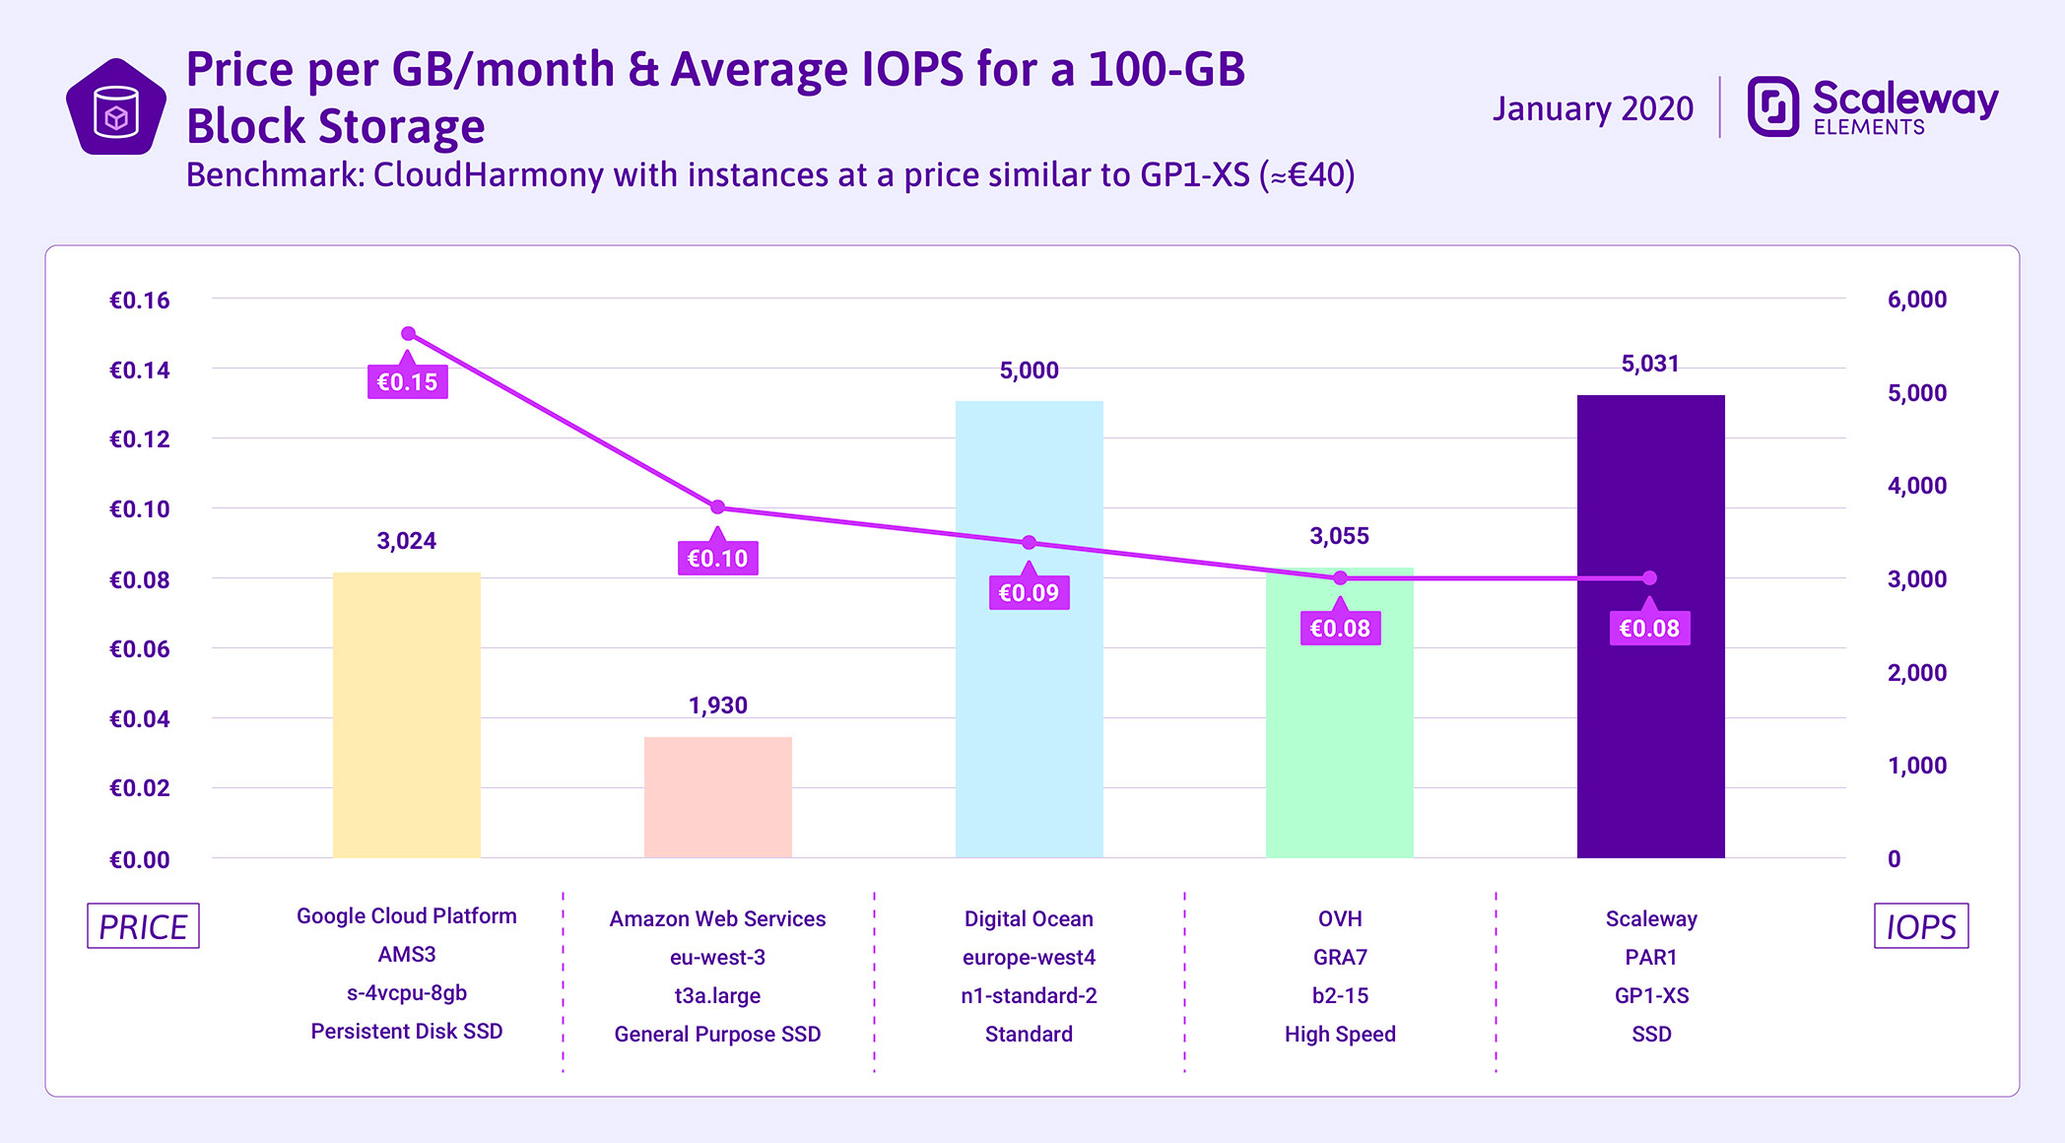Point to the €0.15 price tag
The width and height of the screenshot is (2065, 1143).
pos(407,382)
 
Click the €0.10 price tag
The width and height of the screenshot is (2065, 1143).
pos(717,559)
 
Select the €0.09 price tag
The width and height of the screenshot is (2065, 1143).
pos(1029,593)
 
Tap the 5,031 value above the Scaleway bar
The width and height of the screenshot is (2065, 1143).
pos(1649,364)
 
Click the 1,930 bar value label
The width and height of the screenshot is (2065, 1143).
pos(717,706)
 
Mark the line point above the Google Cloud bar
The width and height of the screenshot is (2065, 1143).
pos(408,334)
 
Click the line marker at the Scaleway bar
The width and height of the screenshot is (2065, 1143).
pos(1649,578)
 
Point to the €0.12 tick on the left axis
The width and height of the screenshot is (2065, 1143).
pos(139,439)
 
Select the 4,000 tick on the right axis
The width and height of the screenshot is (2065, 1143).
pos(1916,486)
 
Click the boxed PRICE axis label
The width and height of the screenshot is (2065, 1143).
pos(143,926)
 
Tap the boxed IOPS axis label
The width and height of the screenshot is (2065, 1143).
pos(1920,926)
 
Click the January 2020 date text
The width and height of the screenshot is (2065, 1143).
pos(1592,108)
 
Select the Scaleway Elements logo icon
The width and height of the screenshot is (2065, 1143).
pos(1772,105)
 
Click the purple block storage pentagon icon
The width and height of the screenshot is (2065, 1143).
pos(116,108)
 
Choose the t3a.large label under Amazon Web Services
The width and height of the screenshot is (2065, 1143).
pos(717,995)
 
